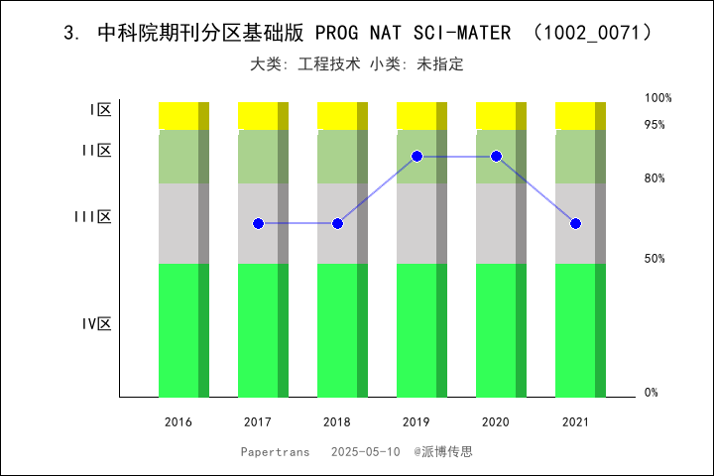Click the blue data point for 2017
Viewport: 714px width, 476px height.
pos(258,224)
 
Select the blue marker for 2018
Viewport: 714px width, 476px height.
pos(337,224)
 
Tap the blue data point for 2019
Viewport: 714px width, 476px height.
pos(416,157)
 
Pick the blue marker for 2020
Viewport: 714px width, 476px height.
pos(496,157)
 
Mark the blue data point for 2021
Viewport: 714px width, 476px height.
pos(575,224)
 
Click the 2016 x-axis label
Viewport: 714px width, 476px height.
pos(178,422)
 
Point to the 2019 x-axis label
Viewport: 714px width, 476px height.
pos(416,422)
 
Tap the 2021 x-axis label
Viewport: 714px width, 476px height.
pos(575,422)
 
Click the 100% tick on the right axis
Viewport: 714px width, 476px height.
pos(658,98)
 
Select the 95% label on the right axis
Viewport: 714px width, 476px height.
pos(654,125)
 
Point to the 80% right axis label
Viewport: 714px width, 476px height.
pos(654,178)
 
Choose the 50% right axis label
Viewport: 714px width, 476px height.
pos(654,259)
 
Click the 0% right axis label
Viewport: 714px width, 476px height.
pos(652,393)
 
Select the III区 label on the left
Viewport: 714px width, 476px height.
pos(92,217)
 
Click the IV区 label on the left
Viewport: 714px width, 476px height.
pos(96,324)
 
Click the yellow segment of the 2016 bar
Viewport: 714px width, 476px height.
pos(178,115)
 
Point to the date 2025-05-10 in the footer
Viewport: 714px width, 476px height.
pos(365,451)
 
